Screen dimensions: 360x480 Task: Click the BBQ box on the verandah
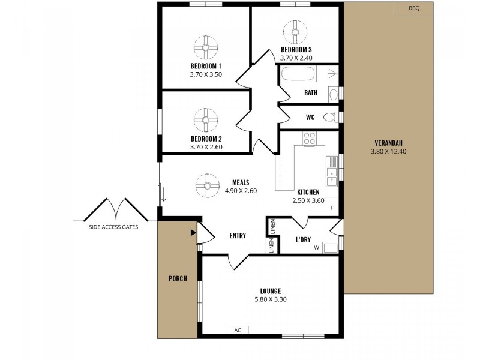(x=413, y=8)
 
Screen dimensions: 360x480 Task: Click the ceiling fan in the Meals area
(x=206, y=185)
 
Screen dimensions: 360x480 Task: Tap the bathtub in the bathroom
(x=298, y=74)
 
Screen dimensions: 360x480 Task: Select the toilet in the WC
(x=329, y=117)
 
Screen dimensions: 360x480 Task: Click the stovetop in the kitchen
(x=310, y=139)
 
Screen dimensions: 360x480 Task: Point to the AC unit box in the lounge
(x=237, y=330)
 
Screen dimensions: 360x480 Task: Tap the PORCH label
(x=178, y=278)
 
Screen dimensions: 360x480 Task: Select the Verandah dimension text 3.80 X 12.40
(x=388, y=151)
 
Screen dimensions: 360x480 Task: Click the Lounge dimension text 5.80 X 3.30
(x=271, y=299)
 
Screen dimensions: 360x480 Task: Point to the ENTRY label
(x=238, y=236)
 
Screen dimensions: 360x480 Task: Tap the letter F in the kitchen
(x=331, y=208)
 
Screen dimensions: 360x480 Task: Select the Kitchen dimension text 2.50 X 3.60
(x=308, y=201)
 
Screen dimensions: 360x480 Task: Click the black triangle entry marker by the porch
(x=193, y=232)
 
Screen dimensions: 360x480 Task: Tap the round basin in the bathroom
(x=333, y=94)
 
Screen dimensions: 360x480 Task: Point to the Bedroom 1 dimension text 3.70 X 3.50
(x=206, y=75)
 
